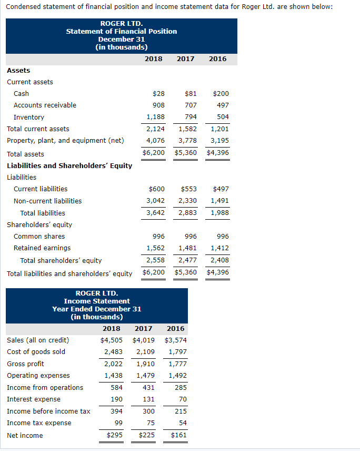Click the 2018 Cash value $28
click(158, 94)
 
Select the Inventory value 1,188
click(155, 117)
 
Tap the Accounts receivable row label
click(45, 105)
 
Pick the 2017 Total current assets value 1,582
click(188, 129)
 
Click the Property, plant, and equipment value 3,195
click(219, 141)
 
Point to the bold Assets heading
click(18, 71)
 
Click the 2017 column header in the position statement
click(185, 59)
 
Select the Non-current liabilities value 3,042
click(155, 201)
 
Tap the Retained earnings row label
click(42, 248)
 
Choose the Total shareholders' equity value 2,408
click(219, 260)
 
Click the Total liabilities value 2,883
click(188, 213)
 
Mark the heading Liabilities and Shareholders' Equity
click(69, 165)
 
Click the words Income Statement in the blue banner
click(97, 301)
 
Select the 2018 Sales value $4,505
click(112, 340)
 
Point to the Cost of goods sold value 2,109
click(145, 352)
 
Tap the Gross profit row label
click(25, 364)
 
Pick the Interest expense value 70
click(183, 399)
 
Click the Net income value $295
click(114, 435)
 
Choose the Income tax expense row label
click(39, 423)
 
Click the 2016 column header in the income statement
click(175, 328)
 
